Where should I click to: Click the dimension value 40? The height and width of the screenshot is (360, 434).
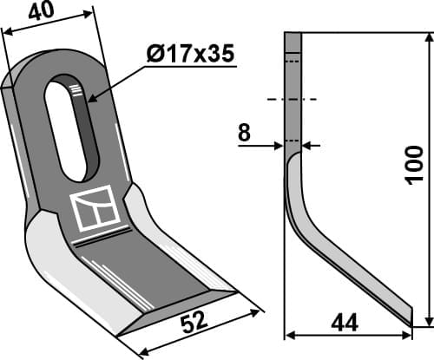[40, 11]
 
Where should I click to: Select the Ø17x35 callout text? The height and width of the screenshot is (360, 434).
[190, 55]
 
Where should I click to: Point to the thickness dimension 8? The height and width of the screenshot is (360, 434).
[245, 133]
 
